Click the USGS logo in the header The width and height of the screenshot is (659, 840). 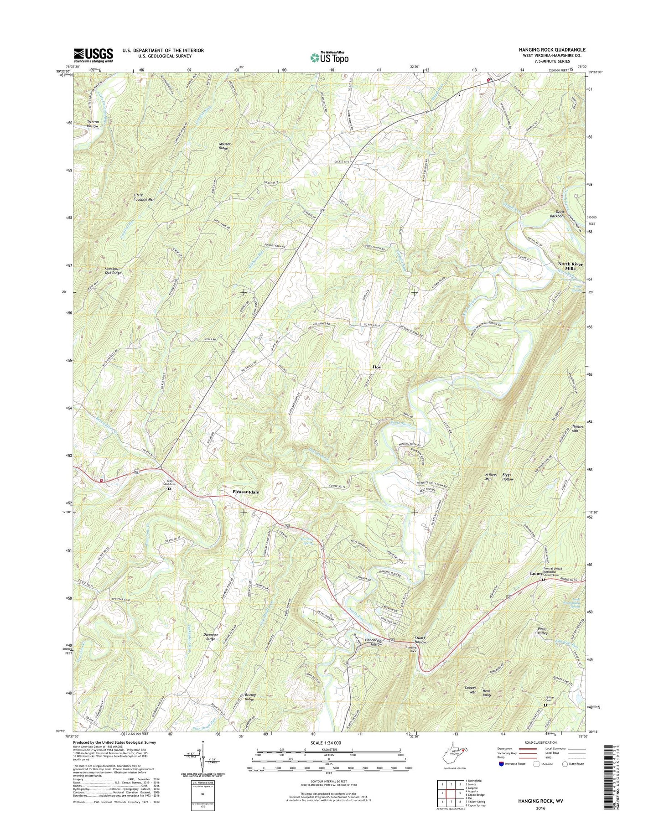[93, 55]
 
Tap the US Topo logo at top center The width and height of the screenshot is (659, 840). [329, 57]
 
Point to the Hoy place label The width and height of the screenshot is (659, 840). [377, 367]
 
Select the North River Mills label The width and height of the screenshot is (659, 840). [571, 266]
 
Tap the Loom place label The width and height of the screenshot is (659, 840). [535, 573]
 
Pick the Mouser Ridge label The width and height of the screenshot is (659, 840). [224, 146]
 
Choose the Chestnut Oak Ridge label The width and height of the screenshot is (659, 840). [113, 270]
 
